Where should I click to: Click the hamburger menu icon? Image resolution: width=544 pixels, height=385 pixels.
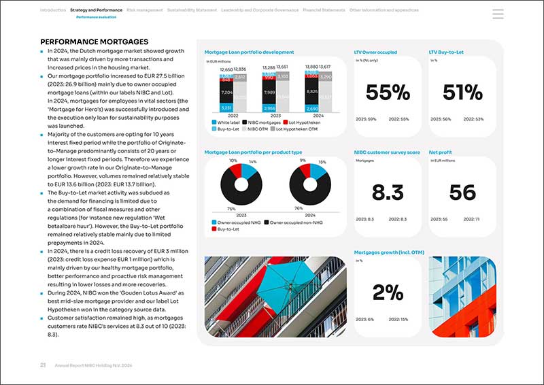498,14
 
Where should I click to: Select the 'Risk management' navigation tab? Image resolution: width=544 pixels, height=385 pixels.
144,11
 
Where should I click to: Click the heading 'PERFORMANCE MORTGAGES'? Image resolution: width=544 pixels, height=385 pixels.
95,42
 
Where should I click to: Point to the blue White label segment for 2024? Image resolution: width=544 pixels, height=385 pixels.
311,109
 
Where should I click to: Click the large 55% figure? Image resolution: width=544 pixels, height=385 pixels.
388,93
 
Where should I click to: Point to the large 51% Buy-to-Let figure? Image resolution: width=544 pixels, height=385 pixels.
462,93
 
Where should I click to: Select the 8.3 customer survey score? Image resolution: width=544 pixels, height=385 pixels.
388,192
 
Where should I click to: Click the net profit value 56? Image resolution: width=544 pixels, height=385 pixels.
462,192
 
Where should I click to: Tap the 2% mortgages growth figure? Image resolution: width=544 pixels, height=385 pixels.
388,292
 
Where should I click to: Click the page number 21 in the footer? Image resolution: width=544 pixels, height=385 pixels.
43,365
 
